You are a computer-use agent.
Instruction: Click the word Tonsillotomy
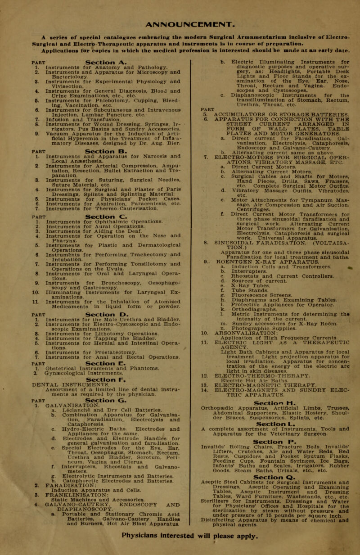(x=139, y=281)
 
